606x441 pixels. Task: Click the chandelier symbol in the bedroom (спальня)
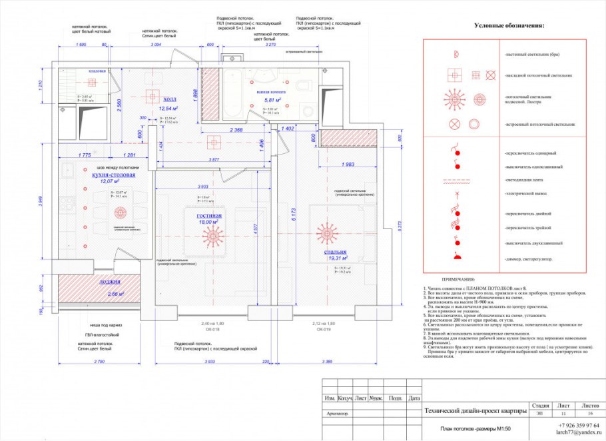328,234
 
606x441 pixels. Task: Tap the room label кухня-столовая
109,175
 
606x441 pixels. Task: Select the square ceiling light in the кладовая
93,82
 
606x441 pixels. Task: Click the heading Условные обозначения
509,26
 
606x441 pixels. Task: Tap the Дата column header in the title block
414,398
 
